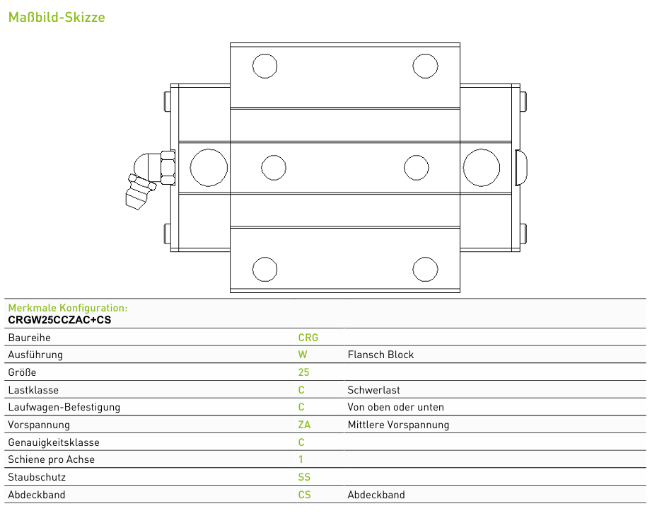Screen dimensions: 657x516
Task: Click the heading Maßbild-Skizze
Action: [x=57, y=17]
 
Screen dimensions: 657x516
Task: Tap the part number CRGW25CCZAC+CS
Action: [x=59, y=320]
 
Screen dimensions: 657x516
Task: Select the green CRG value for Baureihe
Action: [x=308, y=338]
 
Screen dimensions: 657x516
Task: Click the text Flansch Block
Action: [x=380, y=355]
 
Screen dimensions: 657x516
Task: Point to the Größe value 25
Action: [x=304, y=372]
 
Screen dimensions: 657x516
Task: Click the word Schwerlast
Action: [x=373, y=390]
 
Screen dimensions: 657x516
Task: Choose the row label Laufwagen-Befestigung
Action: [x=64, y=407]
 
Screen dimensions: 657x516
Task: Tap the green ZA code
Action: [x=304, y=425]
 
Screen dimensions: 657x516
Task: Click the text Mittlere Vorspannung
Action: [x=398, y=425]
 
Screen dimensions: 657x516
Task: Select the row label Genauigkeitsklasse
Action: [x=54, y=442]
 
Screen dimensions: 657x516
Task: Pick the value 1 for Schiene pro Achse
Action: [x=301, y=459]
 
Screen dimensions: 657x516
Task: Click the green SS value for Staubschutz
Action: [x=304, y=477]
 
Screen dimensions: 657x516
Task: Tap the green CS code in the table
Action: [x=305, y=495]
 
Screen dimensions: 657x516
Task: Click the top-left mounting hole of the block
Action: [x=264, y=66]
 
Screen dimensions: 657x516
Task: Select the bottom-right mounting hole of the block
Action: [x=425, y=270]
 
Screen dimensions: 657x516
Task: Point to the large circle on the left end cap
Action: [x=209, y=168]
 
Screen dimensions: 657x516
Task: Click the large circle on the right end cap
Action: [x=482, y=168]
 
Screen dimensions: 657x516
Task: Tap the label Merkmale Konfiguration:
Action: [x=68, y=308]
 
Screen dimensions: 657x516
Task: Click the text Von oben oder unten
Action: [x=395, y=407]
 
